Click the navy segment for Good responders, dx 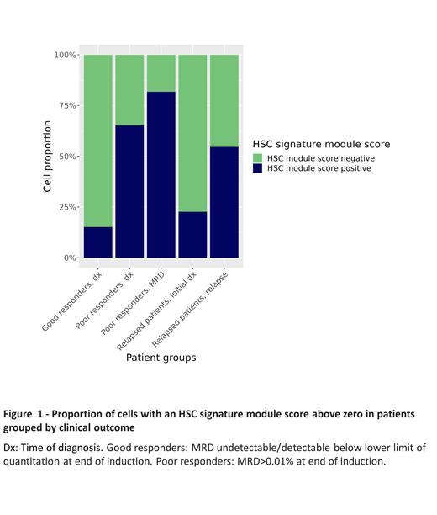(x=97, y=242)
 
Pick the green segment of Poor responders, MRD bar (x=161, y=73)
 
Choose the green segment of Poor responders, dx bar (x=129, y=90)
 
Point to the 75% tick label (x=67, y=106)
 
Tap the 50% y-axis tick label (x=67, y=157)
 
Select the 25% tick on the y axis (x=67, y=207)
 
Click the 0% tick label (x=70, y=257)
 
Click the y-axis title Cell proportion (x=48, y=157)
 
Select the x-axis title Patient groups (x=161, y=358)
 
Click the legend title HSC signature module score (x=321, y=144)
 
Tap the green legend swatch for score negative (x=259, y=157)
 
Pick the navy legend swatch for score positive (x=259, y=168)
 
